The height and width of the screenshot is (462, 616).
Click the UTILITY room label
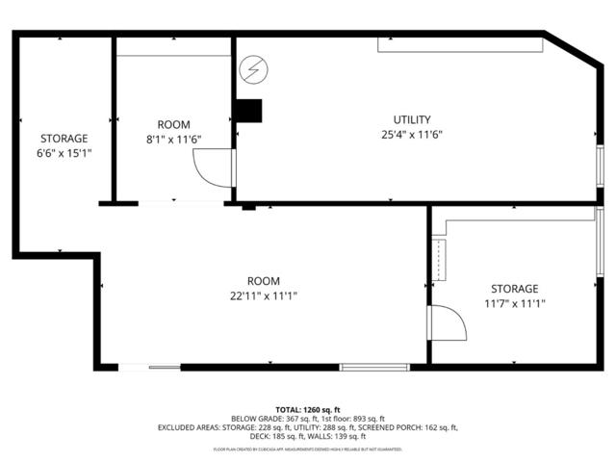[412, 119]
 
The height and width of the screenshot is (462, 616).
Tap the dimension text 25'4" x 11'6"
[412, 135]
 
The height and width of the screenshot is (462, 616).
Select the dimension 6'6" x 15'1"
[64, 153]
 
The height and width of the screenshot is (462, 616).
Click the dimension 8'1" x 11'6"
[173, 140]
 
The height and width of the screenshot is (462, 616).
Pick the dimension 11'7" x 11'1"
[514, 303]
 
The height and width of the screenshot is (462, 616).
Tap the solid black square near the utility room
[249, 111]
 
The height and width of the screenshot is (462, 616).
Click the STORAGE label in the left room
[64, 139]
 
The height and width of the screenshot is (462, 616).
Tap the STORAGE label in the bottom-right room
[514, 288]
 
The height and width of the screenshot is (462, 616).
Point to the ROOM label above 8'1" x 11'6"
[173, 124]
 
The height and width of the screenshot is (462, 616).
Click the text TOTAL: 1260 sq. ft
[308, 409]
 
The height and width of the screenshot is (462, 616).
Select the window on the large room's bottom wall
[368, 367]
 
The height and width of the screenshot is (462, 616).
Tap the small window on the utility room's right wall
[599, 161]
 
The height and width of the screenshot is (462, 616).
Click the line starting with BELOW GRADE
[308, 419]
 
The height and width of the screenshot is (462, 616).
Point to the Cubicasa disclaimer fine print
[308, 449]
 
